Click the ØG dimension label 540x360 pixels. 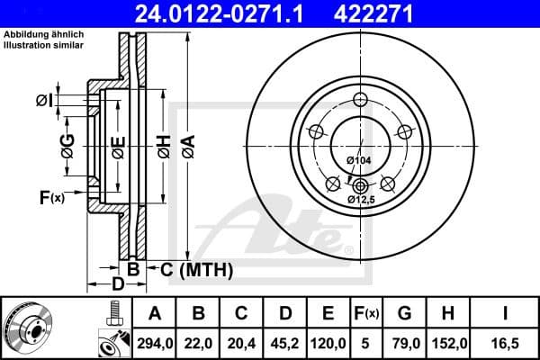[x=68, y=142]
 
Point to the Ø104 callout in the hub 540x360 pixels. [x=359, y=161]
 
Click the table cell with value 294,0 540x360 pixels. [x=154, y=341]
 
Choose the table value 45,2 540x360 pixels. [x=284, y=341]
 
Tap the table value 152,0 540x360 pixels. [x=445, y=341]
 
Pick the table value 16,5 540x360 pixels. [x=505, y=341]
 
